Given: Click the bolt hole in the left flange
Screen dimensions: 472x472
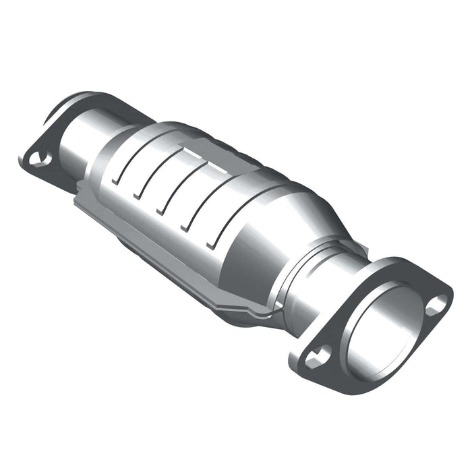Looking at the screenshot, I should [x=38, y=158].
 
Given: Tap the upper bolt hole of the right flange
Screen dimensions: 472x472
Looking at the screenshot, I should [x=436, y=304].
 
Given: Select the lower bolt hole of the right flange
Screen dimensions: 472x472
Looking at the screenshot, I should [x=316, y=357].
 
